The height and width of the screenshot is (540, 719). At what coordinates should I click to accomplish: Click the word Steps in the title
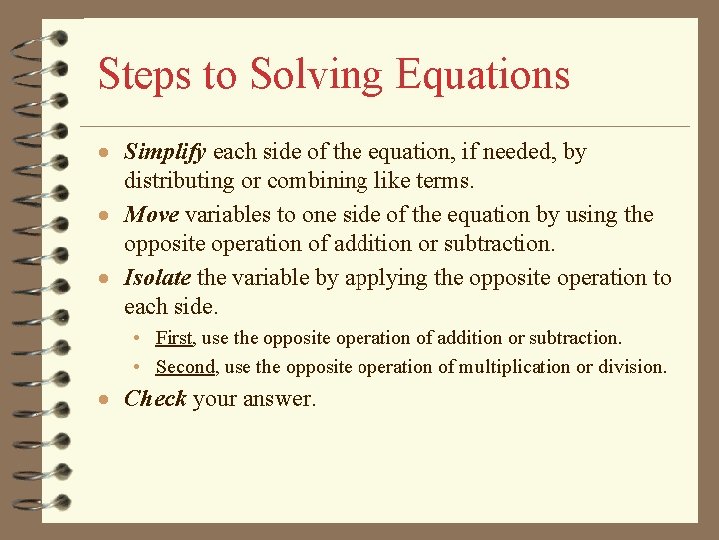click(x=136, y=76)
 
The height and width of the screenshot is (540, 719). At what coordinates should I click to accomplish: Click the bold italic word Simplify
click(x=165, y=153)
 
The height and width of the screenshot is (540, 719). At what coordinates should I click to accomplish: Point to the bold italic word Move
click(x=150, y=215)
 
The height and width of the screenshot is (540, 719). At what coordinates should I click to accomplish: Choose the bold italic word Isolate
click(x=157, y=278)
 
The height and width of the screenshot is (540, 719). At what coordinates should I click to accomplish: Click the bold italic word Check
click(x=155, y=399)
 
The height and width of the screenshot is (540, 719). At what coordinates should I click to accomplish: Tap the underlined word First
click(x=175, y=339)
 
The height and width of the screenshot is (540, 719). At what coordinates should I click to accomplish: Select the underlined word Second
click(x=186, y=367)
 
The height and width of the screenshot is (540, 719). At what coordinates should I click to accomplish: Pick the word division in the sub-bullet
click(x=632, y=367)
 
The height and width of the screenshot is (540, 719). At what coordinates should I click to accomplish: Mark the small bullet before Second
click(x=143, y=368)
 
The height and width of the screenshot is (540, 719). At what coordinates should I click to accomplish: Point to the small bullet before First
click(x=143, y=340)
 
